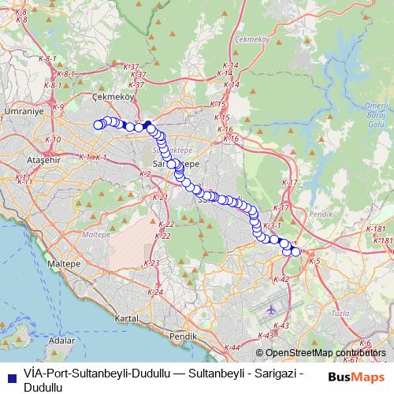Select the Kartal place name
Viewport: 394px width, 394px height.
[127, 319]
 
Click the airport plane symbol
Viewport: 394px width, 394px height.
[271, 308]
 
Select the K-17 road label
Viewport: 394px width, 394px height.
[290, 183]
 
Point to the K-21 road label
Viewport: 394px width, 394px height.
[160, 197]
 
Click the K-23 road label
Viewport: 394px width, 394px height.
[153, 262]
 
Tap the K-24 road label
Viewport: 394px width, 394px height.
[156, 292]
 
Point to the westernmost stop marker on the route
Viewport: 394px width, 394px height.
[98, 124]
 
